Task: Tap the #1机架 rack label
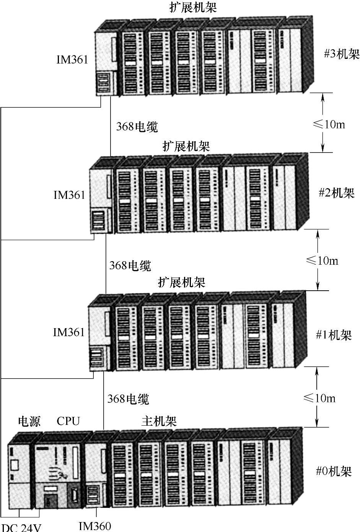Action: (334, 335)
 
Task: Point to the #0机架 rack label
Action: (334, 471)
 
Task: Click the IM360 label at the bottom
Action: (95, 526)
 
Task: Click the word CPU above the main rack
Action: (68, 421)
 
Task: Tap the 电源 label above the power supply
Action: (29, 421)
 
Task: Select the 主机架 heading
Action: (159, 421)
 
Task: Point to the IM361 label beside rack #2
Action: (69, 195)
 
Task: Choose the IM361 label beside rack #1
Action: (68, 332)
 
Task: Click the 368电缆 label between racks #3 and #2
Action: (137, 127)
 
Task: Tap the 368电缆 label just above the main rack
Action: (128, 399)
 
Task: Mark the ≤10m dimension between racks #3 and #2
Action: (329, 124)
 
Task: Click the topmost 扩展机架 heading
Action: (194, 8)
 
